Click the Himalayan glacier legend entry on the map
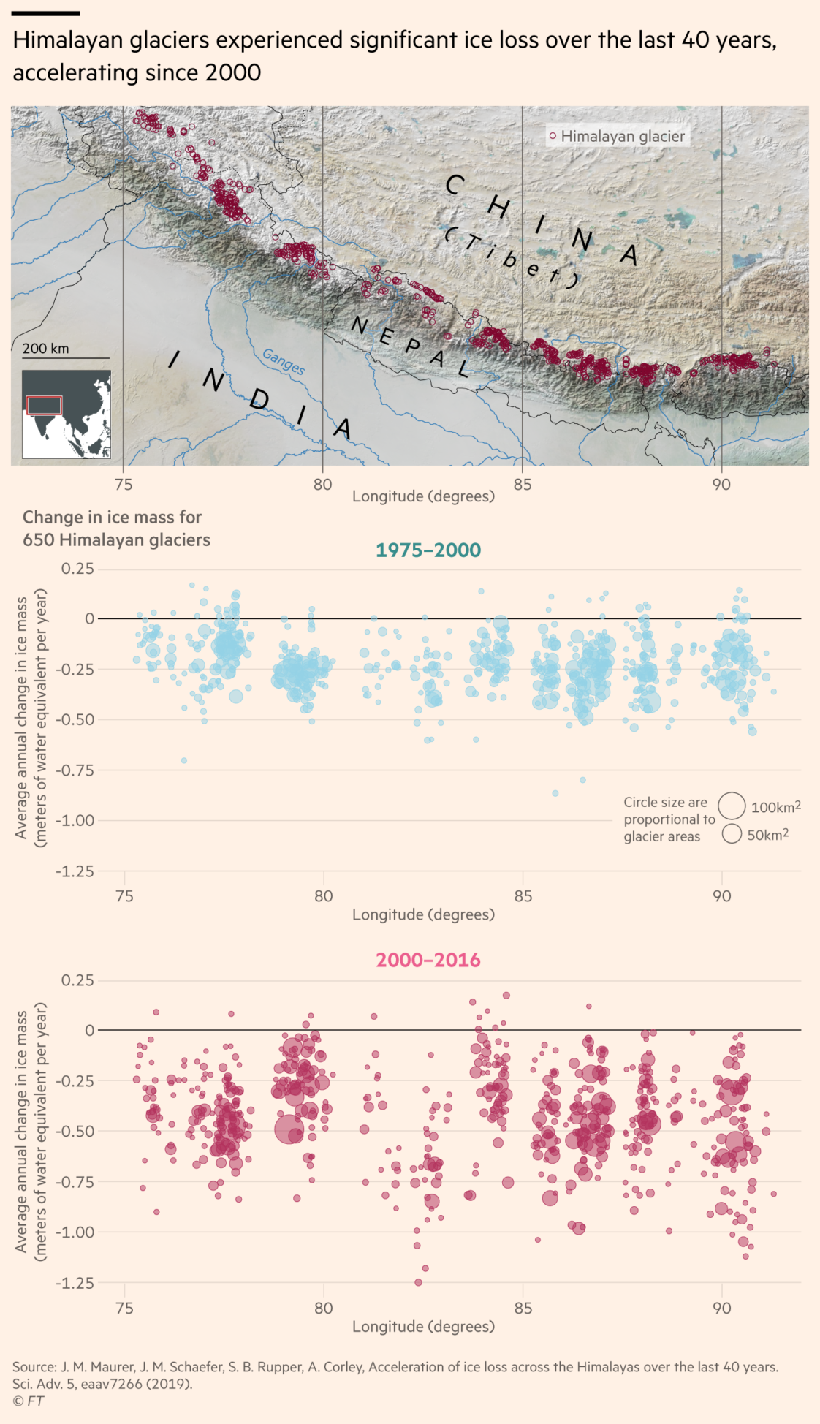(618, 136)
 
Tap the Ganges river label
(284, 362)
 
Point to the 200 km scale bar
(66, 357)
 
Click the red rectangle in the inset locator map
(45, 405)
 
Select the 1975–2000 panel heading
(428, 550)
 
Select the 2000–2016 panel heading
(428, 960)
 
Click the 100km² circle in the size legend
(732, 806)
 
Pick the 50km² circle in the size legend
(732, 834)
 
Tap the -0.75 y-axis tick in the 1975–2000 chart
(77, 770)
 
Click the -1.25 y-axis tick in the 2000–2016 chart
(77, 1283)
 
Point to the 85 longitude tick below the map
(523, 485)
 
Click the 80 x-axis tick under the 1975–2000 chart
(323, 896)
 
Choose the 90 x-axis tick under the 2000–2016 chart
(721, 1308)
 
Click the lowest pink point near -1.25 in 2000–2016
(419, 1282)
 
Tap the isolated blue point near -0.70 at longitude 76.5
(184, 761)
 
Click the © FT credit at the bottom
(28, 1401)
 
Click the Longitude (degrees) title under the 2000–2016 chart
(423, 1326)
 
